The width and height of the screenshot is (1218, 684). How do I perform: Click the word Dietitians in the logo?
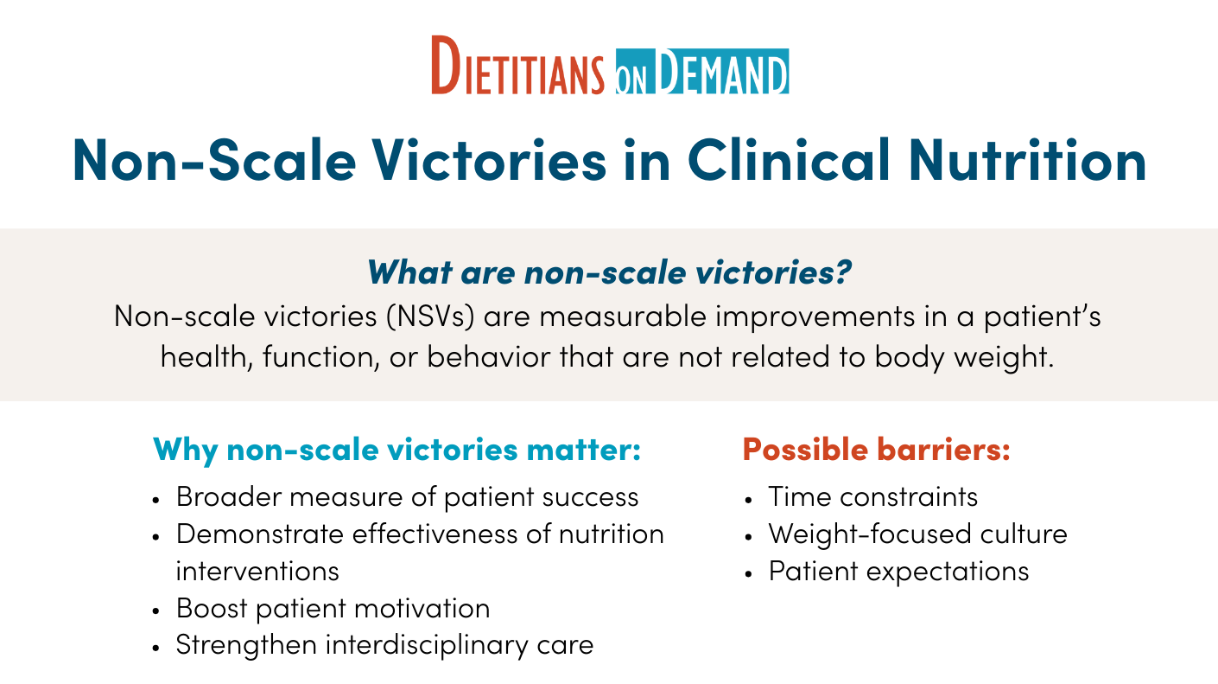(517, 66)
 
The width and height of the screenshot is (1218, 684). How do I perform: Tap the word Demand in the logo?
(721, 71)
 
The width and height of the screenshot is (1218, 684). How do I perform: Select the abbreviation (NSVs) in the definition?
(431, 316)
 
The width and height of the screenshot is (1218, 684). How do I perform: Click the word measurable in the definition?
(623, 316)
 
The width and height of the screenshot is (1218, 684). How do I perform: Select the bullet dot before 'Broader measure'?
(156, 500)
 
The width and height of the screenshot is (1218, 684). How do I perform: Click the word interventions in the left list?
(257, 572)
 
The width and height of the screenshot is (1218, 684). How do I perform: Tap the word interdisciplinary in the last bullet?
(427, 645)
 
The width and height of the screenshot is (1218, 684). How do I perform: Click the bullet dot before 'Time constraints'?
(748, 500)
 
